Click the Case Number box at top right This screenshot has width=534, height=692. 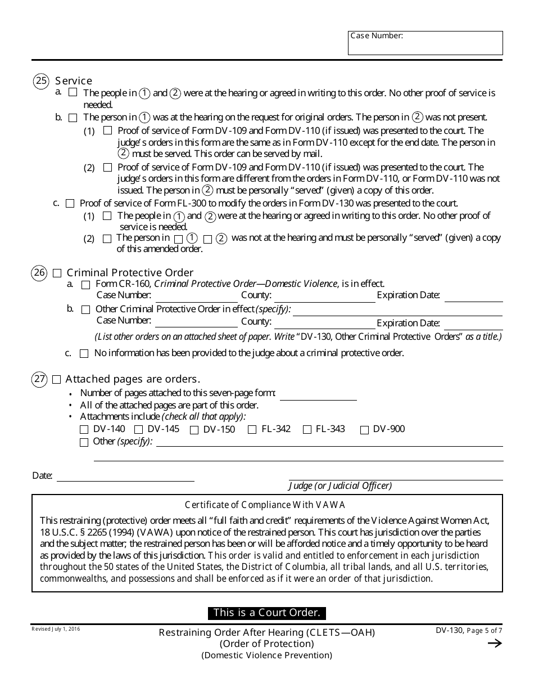click(425, 43)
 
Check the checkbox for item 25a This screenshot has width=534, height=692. click(73, 92)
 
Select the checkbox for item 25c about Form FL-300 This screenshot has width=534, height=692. click(70, 203)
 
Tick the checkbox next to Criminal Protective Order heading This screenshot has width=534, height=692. click(57, 273)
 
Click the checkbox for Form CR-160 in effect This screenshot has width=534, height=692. click(85, 285)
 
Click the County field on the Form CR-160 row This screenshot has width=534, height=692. click(324, 296)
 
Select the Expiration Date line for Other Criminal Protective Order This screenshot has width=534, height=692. click(473, 324)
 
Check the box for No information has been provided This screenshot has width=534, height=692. click(84, 354)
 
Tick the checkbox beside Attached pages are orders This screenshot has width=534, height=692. click(56, 380)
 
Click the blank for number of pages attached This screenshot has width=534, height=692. click(318, 394)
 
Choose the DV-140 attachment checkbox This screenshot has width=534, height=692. click(84, 430)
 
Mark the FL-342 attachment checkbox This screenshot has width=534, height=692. click(252, 430)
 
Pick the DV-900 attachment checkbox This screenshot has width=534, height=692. click(364, 430)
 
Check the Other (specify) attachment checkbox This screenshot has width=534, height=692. click(84, 442)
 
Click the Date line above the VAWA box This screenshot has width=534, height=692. click(125, 476)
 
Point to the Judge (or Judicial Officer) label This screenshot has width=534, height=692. click(340, 486)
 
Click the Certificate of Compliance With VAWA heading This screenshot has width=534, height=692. click(265, 505)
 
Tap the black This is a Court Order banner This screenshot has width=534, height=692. click(267, 613)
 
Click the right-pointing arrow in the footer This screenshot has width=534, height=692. click(494, 644)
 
